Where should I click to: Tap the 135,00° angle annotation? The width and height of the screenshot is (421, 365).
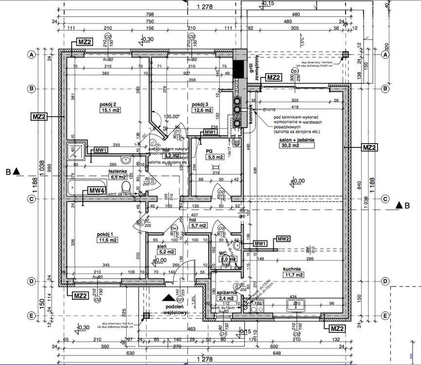coord(172,116)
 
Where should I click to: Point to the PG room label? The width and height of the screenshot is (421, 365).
coord(210,151)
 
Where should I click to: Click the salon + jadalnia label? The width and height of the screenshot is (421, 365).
coord(297,139)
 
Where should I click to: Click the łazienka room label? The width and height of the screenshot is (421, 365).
coord(118,171)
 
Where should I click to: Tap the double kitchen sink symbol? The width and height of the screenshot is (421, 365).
coord(295,305)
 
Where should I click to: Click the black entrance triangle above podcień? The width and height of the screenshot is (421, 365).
coord(167,298)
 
